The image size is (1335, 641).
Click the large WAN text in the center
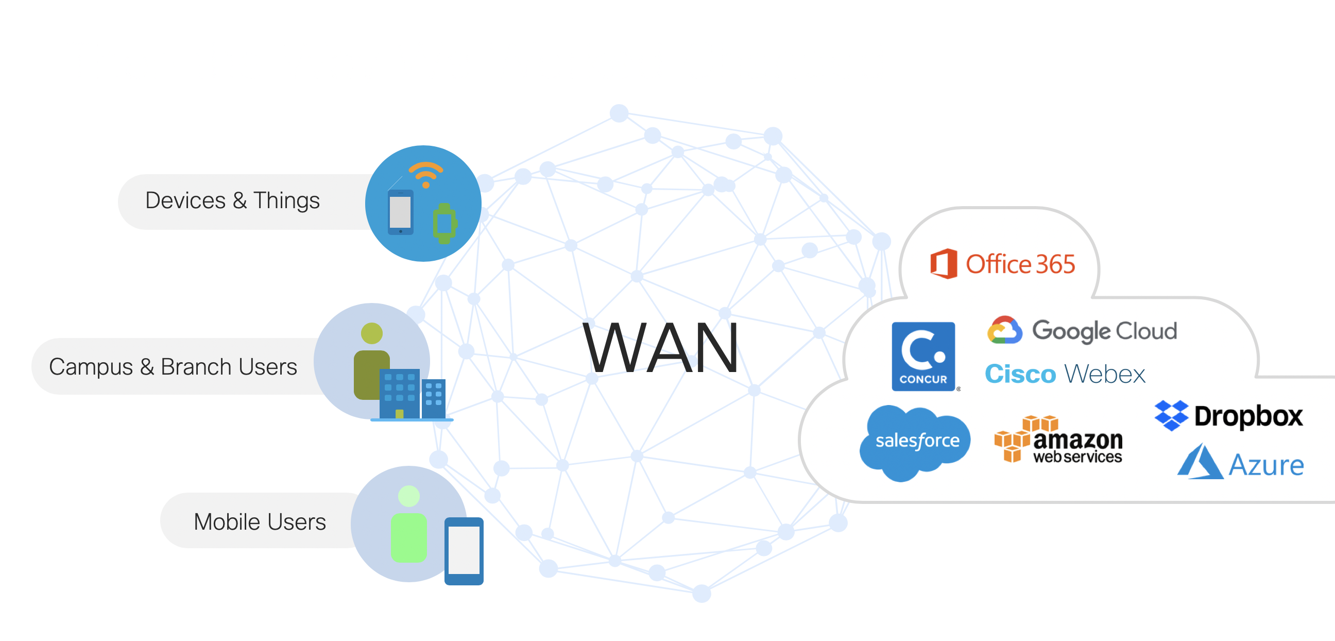click(661, 347)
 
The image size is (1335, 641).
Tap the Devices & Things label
click(232, 201)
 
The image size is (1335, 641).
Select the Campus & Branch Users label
click(173, 367)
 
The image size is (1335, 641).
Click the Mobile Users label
click(260, 522)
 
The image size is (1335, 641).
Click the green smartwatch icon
click(444, 224)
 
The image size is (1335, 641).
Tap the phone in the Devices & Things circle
click(401, 212)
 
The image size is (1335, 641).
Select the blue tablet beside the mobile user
click(464, 551)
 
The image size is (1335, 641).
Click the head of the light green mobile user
click(409, 496)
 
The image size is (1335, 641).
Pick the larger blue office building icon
click(399, 394)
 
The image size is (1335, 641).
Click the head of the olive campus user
click(371, 333)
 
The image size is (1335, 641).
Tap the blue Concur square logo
click(923, 356)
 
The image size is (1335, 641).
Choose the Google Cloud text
click(1104, 331)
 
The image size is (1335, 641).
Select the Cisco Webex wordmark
click(1065, 374)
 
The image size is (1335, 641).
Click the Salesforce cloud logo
click(915, 442)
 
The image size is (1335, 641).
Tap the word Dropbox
click(1248, 416)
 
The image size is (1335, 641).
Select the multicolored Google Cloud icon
click(1004, 330)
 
